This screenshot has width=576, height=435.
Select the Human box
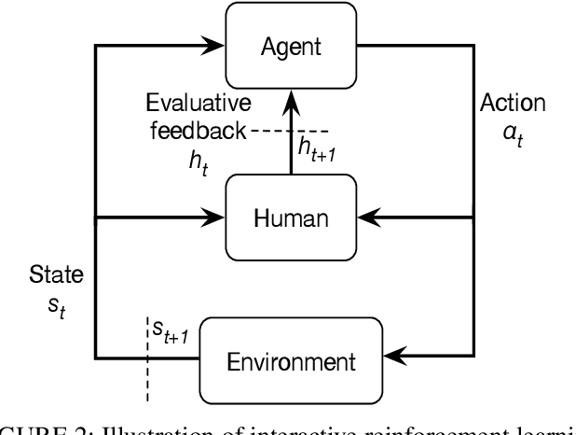291,219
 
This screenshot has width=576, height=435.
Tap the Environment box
280,359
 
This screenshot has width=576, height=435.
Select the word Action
513,104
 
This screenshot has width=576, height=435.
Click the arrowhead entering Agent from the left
215,43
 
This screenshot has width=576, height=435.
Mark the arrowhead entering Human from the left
215,219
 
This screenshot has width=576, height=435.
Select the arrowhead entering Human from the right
367,219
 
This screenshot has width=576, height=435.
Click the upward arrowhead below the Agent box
291,95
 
